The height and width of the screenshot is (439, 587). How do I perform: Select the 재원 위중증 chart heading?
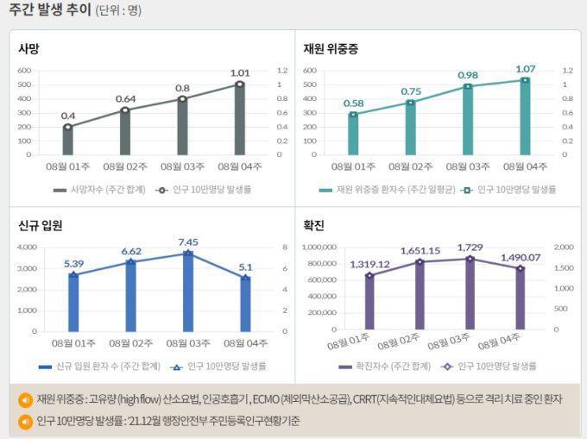tap(330, 49)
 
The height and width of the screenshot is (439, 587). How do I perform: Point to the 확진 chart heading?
tap(313, 226)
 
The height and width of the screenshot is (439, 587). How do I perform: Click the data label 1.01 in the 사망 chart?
tap(239, 72)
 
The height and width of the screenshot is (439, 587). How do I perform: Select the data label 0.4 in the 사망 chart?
tap(67, 116)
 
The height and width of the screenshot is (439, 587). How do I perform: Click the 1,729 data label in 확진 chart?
tap(470, 247)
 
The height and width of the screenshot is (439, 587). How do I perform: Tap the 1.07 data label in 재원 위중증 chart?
tap(525, 68)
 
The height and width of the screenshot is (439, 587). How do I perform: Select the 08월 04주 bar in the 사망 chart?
tap(239, 121)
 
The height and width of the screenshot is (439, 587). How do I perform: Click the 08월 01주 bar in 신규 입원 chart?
tap(73, 303)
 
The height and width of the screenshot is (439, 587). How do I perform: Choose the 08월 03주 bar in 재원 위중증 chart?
tap(468, 121)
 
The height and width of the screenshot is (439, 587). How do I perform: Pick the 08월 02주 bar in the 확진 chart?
tap(420, 296)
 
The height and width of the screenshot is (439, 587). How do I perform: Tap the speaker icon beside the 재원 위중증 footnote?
tap(25, 399)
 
